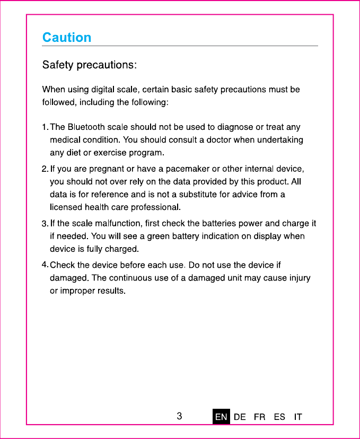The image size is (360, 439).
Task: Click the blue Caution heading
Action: click(67, 38)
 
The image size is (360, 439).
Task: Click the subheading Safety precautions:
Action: click(90, 65)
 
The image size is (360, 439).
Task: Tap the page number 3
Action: click(180, 416)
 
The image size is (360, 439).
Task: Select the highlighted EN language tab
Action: click(221, 417)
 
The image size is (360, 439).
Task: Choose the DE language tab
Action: click(240, 417)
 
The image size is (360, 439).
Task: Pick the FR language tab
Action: click(260, 417)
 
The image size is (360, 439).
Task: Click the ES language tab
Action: click(279, 417)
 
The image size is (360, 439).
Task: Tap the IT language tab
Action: click(298, 417)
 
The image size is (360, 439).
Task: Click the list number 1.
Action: click(45, 128)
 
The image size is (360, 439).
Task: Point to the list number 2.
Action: click(45, 170)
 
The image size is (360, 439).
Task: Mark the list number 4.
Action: click(45, 265)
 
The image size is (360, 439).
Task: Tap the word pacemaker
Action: click(188, 169)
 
